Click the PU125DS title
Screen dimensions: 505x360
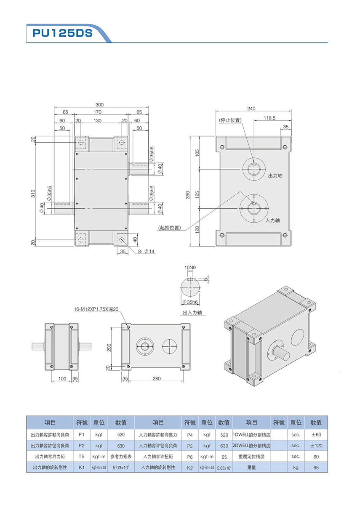[59, 33]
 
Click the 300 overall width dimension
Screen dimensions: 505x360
[99, 105]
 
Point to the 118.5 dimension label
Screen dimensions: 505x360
[269, 118]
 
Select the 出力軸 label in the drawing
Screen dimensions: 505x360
[275, 175]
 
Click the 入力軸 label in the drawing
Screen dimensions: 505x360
[273, 220]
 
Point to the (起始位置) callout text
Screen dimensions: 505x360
[170, 228]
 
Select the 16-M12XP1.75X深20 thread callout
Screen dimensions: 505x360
[96, 309]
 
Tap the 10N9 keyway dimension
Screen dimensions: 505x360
[190, 267]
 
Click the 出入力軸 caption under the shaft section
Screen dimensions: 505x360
[192, 313]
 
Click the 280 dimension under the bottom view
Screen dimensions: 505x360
[157, 379]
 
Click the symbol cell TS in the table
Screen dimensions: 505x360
[82, 456]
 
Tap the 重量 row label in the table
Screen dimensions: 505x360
[251, 467]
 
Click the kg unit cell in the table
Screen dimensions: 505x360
[296, 467]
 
